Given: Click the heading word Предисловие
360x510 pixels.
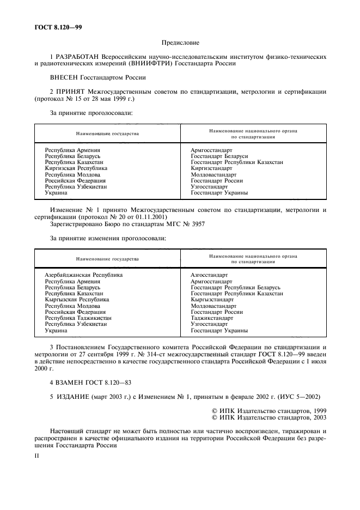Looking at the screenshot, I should coord(180,42).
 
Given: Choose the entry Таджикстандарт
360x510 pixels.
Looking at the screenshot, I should coord(212,318).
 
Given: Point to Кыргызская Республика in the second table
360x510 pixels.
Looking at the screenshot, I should coord(77,300).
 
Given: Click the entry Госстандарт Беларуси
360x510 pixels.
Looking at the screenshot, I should coord(216,156).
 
